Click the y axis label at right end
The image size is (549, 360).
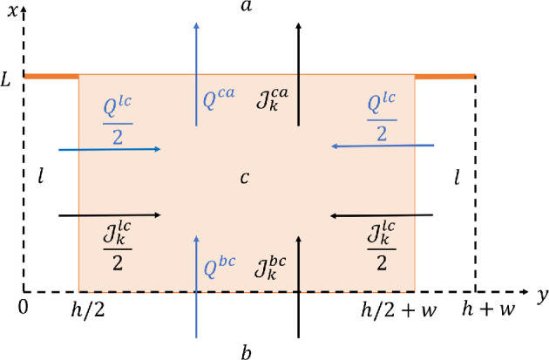tap(541, 295)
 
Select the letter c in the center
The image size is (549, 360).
tap(245, 179)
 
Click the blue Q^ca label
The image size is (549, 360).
tap(220, 98)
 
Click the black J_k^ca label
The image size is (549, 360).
tap(275, 98)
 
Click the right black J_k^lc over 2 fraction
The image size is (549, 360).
tap(377, 243)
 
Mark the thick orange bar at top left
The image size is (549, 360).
tap(51, 77)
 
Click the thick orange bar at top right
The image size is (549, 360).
tap(444, 77)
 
